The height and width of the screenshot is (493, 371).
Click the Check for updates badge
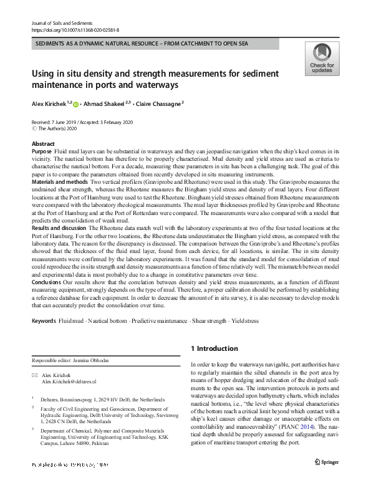pos(322,59)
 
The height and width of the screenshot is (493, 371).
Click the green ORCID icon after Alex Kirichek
pos(77,103)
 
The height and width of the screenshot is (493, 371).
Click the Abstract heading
pos(43,144)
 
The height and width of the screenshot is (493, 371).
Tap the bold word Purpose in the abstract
pos(41,151)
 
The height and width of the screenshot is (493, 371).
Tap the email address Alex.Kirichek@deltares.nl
pos(69,381)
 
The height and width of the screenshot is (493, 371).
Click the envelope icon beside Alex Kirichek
pos(34,375)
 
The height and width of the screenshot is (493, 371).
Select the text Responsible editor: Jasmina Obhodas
pos(70,361)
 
